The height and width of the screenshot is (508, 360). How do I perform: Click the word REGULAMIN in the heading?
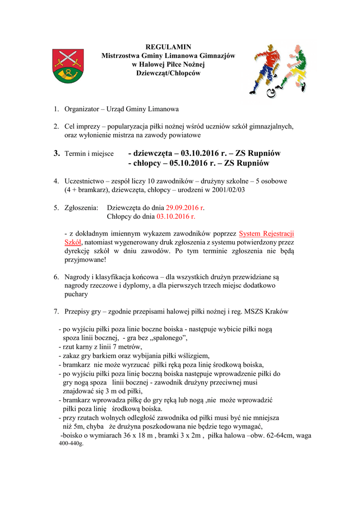click(x=168, y=47)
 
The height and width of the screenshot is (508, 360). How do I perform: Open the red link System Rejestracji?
click(x=267, y=233)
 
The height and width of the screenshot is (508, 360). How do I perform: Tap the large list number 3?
click(x=57, y=153)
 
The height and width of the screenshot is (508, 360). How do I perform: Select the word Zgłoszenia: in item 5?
click(x=81, y=208)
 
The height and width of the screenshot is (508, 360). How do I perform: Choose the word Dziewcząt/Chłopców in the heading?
click(x=168, y=73)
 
